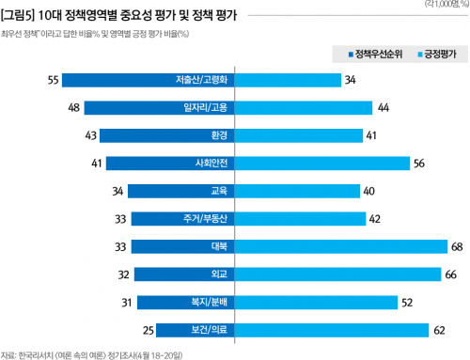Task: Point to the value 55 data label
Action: click(x=54, y=80)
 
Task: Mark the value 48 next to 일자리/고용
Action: click(x=74, y=108)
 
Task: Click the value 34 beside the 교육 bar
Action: click(x=117, y=192)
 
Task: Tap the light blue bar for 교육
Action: click(x=297, y=192)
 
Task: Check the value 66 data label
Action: click(x=450, y=275)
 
